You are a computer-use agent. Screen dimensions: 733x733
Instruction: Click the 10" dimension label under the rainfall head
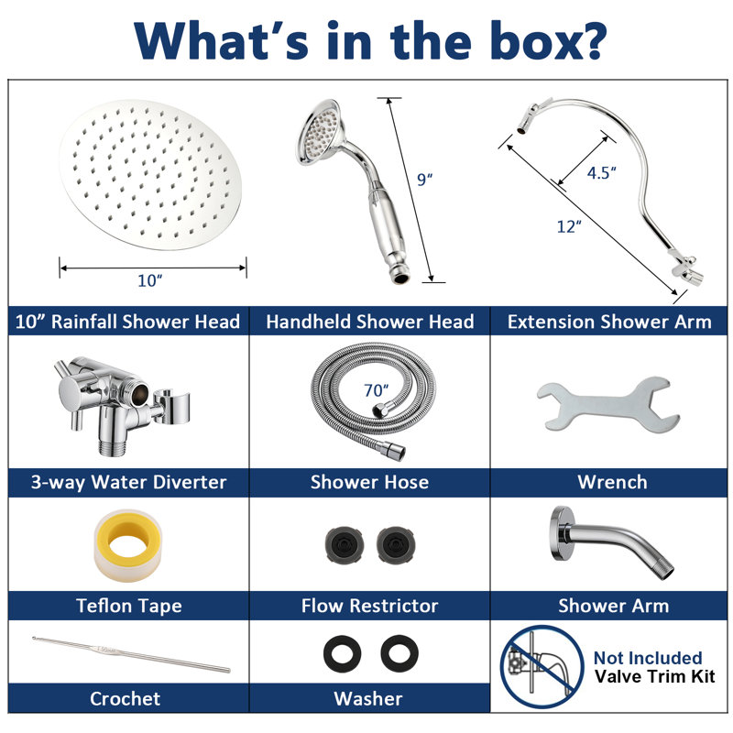(149, 280)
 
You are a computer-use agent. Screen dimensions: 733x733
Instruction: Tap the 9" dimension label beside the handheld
(424, 179)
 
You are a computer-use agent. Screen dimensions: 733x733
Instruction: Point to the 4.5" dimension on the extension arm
(601, 172)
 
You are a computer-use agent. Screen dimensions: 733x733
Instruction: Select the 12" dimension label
(569, 226)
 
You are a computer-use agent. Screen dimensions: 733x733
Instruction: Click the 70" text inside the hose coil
(376, 390)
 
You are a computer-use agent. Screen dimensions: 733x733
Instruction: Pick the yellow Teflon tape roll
(127, 545)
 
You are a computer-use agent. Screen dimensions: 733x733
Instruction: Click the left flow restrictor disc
(345, 544)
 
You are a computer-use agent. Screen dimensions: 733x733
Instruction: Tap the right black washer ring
(399, 653)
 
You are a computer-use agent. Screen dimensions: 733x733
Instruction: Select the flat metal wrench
(607, 405)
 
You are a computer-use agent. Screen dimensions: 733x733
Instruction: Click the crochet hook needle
(131, 654)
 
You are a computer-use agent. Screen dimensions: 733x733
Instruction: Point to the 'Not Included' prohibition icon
(542, 667)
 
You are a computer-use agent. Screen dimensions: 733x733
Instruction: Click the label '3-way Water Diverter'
(128, 482)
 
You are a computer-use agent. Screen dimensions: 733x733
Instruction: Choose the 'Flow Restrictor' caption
(369, 606)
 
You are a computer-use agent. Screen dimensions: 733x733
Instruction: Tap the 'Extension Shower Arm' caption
(609, 322)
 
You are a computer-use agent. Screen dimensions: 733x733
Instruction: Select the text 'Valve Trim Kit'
(654, 676)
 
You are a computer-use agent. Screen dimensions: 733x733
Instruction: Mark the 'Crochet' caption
(125, 698)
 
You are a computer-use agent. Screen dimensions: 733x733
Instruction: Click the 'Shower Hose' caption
(369, 482)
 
